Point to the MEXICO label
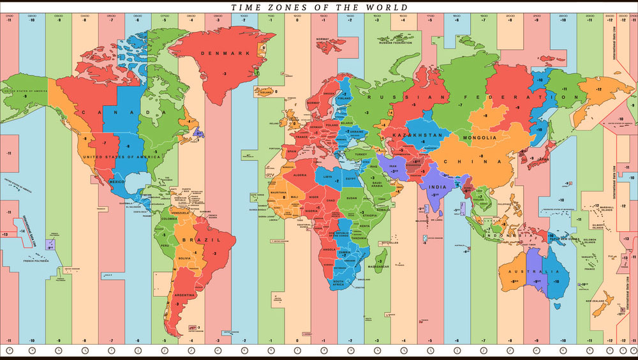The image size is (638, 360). (117, 182)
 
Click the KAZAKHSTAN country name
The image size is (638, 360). (417, 136)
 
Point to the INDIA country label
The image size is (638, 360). (437, 186)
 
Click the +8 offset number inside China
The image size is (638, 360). (482, 156)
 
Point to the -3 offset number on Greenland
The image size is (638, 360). (225, 74)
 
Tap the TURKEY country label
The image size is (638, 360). (362, 154)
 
